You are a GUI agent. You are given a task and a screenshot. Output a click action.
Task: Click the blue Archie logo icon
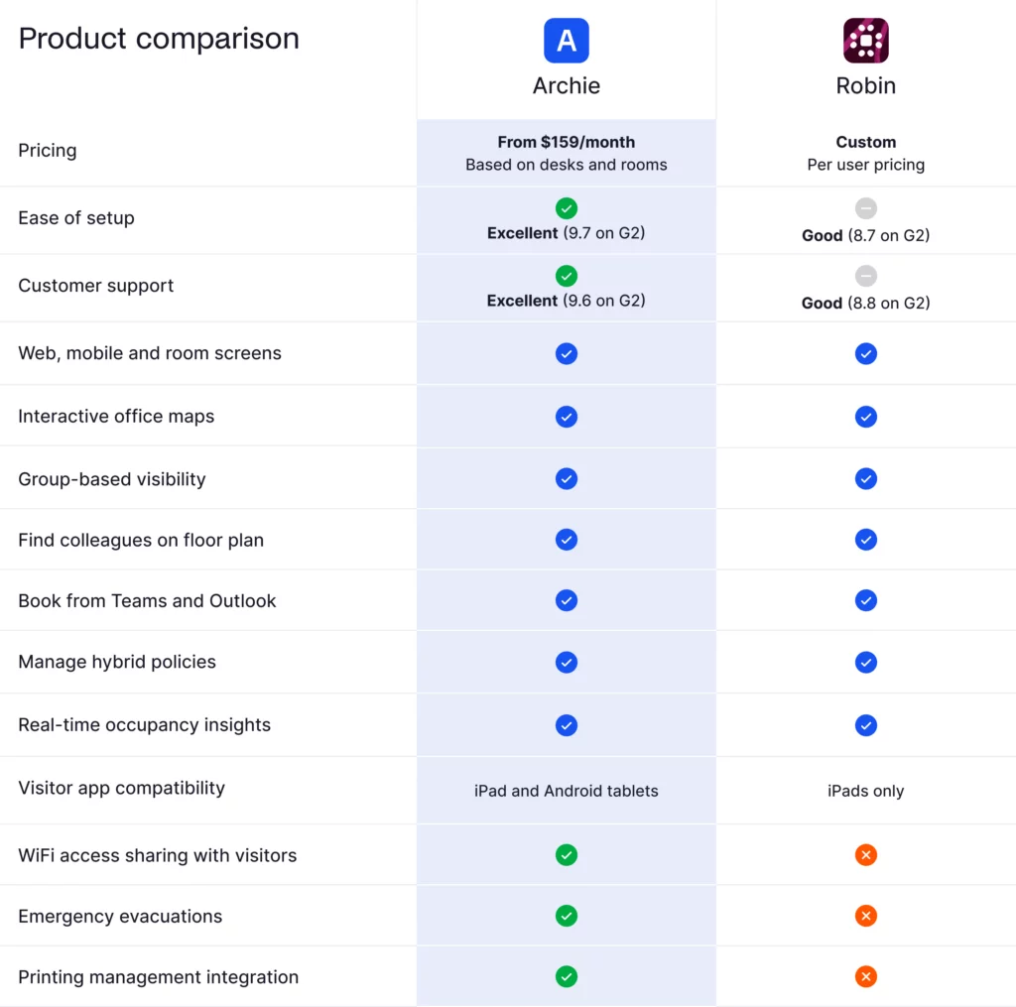[567, 41]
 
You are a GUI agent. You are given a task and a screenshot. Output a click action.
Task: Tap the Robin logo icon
[865, 41]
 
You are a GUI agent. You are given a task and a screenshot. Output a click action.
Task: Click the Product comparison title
[159, 39]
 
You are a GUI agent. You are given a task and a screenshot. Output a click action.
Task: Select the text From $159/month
[567, 142]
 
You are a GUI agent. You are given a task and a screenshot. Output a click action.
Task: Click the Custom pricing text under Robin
[865, 142]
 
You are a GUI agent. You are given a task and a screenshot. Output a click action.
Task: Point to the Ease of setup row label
[76, 218]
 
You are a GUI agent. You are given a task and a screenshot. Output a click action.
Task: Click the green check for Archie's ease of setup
[567, 208]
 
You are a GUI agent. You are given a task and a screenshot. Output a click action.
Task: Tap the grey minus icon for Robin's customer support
[866, 276]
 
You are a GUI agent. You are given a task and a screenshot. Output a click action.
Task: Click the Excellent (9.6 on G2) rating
[567, 301]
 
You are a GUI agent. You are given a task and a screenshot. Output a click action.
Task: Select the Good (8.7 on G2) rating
[865, 235]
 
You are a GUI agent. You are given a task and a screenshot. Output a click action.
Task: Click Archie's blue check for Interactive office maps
[567, 417]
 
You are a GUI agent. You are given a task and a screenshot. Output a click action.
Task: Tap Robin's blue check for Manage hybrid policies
[866, 662]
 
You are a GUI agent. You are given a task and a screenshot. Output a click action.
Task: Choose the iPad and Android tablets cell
[567, 791]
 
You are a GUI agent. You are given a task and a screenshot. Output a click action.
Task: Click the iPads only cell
[865, 791]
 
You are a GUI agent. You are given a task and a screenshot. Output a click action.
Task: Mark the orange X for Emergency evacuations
[866, 916]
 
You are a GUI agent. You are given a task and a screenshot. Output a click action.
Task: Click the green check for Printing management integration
[567, 977]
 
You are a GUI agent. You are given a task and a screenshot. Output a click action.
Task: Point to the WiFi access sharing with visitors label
[157, 855]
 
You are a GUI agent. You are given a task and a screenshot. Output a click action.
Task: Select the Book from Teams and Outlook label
[147, 601]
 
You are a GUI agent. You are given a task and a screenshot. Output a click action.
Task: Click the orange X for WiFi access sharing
[866, 854]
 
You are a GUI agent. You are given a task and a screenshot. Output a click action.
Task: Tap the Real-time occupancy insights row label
[144, 725]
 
